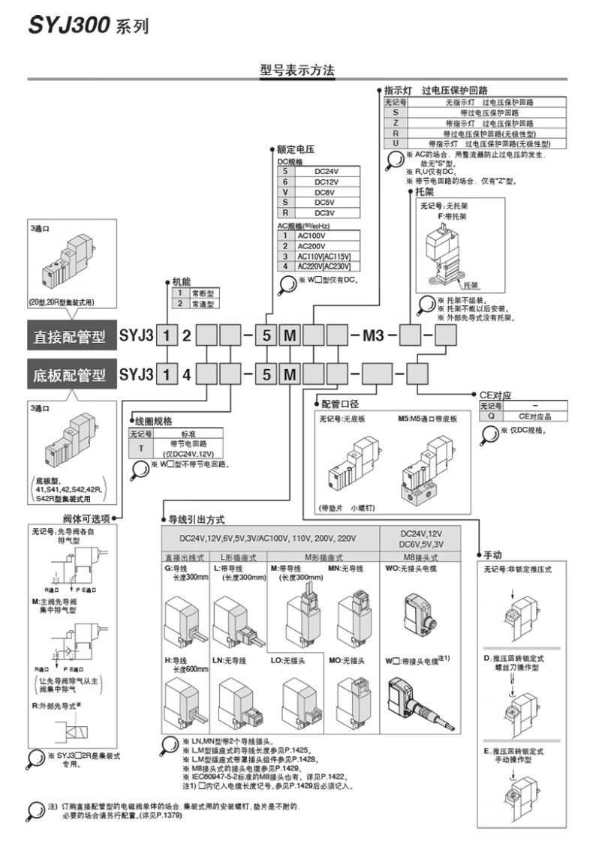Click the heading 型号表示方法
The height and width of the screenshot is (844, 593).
point(296,71)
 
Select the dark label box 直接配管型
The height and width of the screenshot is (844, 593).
point(69,337)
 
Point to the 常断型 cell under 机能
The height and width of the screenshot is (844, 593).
point(203,293)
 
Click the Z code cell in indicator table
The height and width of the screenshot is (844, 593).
point(395,122)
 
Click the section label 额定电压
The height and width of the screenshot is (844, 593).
point(295,149)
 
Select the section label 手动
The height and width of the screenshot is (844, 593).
point(492,555)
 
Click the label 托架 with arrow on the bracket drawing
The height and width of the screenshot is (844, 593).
point(471,285)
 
